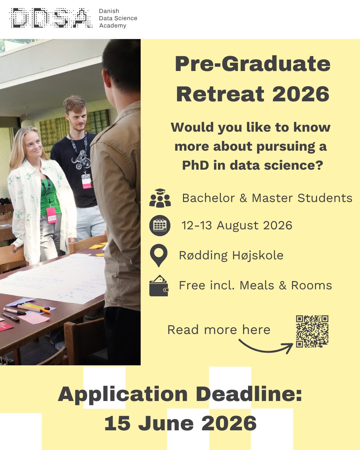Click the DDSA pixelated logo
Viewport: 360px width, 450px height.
click(x=51, y=18)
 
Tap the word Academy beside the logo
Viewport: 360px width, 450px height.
click(x=113, y=26)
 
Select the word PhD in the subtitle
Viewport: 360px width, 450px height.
click(x=195, y=165)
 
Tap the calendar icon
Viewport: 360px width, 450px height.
click(x=160, y=225)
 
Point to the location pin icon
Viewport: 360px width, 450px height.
click(x=159, y=255)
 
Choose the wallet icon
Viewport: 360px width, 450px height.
click(x=159, y=285)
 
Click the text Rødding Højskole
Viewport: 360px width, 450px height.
click(x=231, y=256)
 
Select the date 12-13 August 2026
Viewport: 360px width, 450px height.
click(x=237, y=225)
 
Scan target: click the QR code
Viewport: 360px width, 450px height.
click(x=312, y=331)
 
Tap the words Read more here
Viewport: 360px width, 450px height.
click(x=219, y=330)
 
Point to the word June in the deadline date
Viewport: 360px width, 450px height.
click(x=166, y=423)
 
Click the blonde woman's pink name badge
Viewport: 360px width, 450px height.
click(x=51, y=215)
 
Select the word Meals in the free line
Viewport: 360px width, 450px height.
click(x=257, y=285)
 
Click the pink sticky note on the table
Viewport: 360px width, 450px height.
click(x=34, y=318)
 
